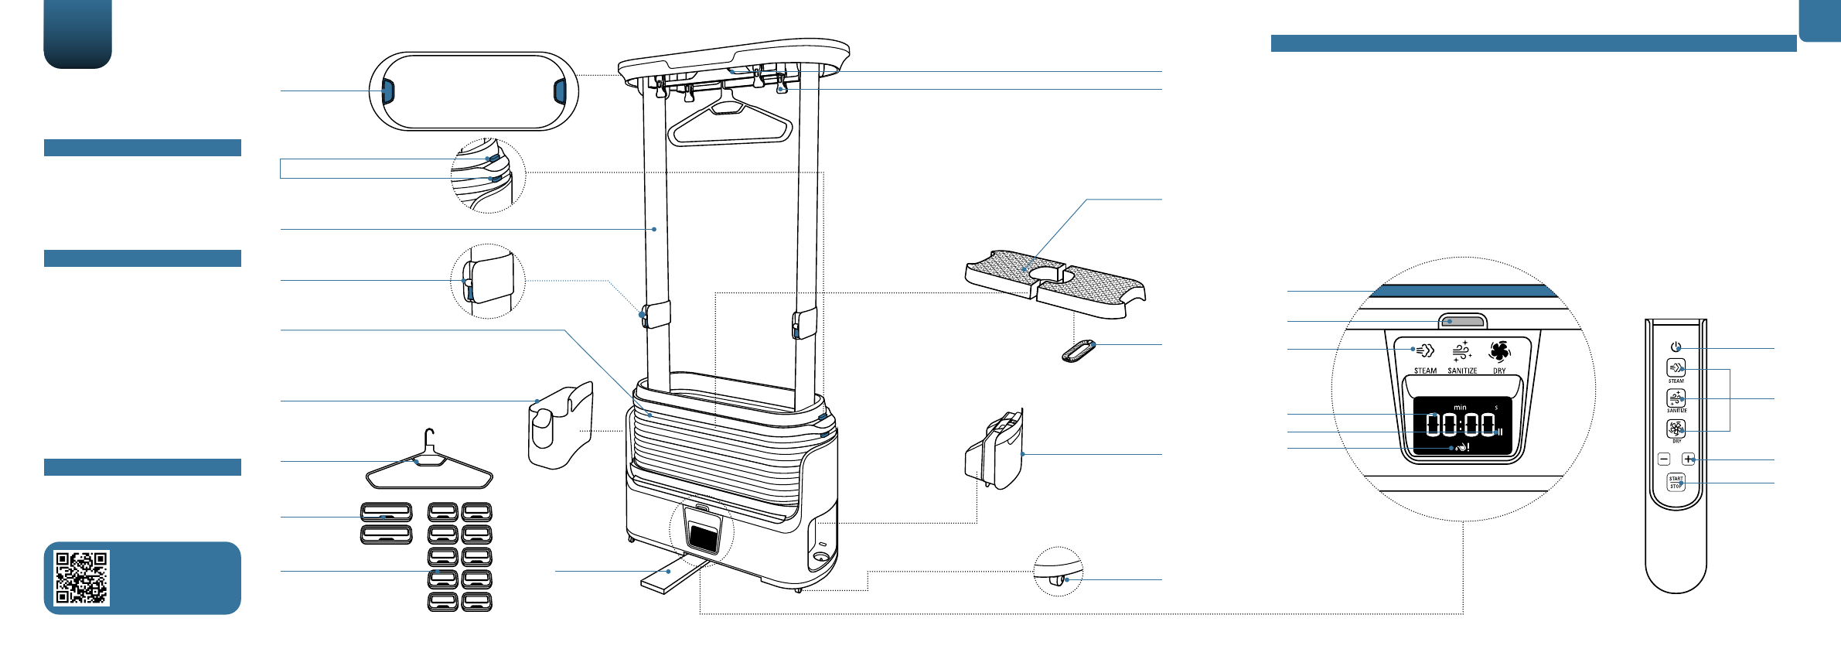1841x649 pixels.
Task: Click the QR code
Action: (x=82, y=578)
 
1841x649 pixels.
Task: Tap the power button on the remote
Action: (x=1676, y=347)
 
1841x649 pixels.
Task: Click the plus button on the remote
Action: (x=1688, y=459)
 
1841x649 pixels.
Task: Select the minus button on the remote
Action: (x=1664, y=459)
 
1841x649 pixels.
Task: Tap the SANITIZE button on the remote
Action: (x=1676, y=398)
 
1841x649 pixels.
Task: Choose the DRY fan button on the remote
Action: (x=1676, y=429)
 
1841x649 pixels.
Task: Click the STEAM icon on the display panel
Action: (x=1424, y=350)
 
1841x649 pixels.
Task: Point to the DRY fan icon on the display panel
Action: (x=1499, y=351)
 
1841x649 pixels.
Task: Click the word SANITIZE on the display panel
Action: (x=1462, y=371)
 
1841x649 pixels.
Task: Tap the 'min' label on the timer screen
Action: (x=1460, y=408)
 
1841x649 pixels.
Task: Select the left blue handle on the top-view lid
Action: (x=387, y=91)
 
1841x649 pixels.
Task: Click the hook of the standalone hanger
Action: (x=431, y=437)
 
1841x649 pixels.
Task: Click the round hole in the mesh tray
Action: (x=1045, y=274)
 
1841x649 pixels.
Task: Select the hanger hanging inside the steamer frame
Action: (x=730, y=124)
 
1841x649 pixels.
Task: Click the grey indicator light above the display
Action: (x=1461, y=321)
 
